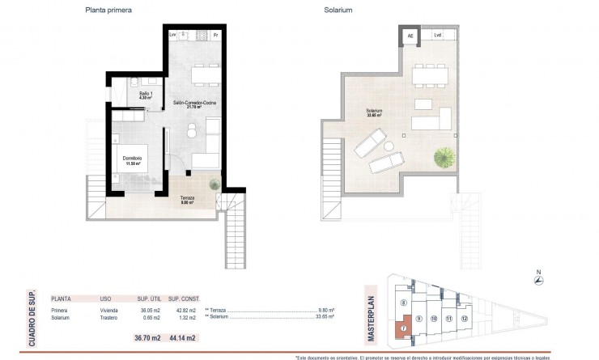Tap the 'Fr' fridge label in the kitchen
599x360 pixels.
pos(215,36)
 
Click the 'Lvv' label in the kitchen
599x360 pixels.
pos(173,36)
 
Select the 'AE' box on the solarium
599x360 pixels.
pos(410,36)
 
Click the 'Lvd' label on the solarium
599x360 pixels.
pos(438,36)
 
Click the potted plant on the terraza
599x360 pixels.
pos(215,184)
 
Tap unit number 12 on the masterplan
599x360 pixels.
pos(464,320)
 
